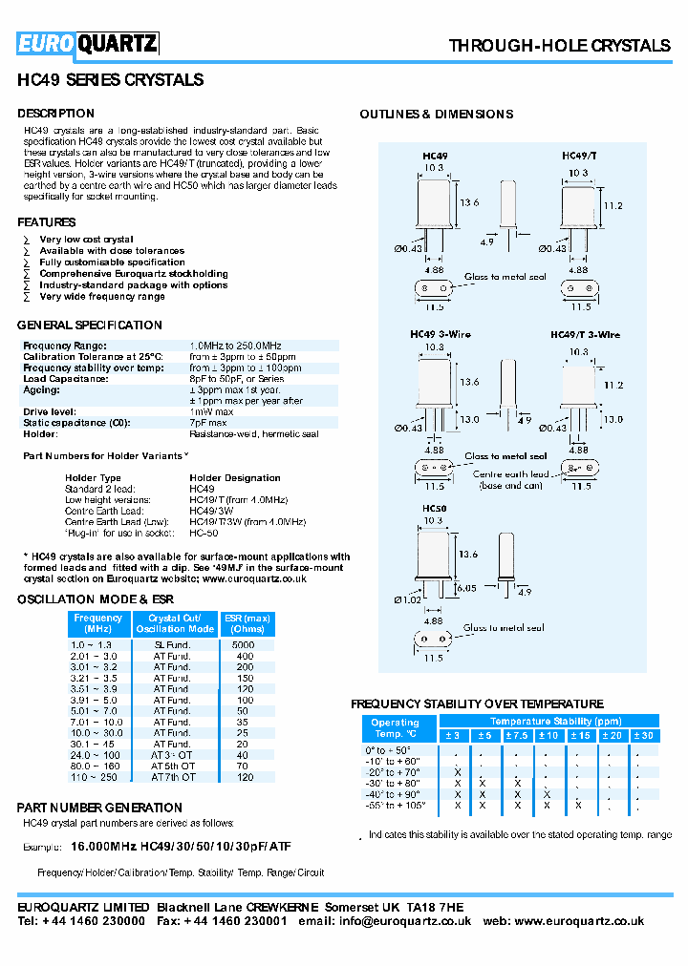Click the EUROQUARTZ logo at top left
(x=88, y=43)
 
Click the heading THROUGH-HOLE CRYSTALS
(x=559, y=46)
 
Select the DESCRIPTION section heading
(x=55, y=114)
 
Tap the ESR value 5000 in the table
(x=246, y=644)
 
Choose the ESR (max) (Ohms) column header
(x=247, y=623)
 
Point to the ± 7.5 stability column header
(x=516, y=735)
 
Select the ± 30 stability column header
(x=643, y=735)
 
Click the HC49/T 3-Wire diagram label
(x=585, y=335)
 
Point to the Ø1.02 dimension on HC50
(x=405, y=598)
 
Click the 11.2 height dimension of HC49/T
(x=613, y=205)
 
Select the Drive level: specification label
(x=50, y=411)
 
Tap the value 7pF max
(x=208, y=422)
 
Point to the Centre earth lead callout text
(x=510, y=473)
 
